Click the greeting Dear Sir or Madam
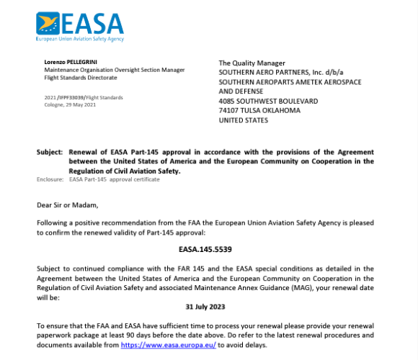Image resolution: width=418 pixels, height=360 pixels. coord(67,204)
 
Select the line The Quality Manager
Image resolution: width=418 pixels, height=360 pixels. coord(252,63)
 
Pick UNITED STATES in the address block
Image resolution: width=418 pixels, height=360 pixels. coord(243,120)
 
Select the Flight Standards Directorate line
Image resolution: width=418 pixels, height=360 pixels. coord(81,78)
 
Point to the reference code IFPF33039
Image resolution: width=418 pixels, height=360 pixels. coord(75,97)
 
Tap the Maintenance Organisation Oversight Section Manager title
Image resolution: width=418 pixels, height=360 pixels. coord(115,70)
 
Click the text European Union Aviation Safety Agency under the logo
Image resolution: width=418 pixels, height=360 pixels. coord(79,39)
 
